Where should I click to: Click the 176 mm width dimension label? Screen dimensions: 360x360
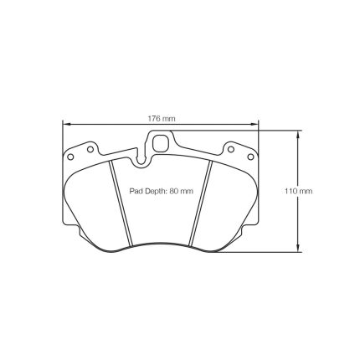coord(162,119)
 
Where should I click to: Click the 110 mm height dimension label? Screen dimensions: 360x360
coord(299,191)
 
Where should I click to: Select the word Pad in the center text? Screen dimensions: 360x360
coord(135,191)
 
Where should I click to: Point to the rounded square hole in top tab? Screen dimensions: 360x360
coord(161,141)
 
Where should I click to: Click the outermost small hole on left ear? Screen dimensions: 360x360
coord(70,157)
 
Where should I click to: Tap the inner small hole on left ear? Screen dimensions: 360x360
coord(90,149)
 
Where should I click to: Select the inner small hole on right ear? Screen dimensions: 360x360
coord(231,149)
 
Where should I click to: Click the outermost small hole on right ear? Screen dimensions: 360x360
coord(250,157)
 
